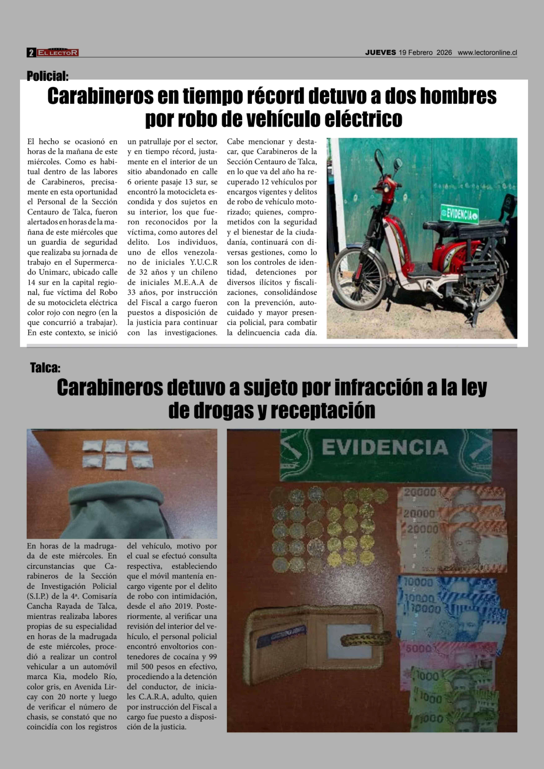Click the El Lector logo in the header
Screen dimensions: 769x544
click(58, 53)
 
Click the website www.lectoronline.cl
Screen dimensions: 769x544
click(487, 53)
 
